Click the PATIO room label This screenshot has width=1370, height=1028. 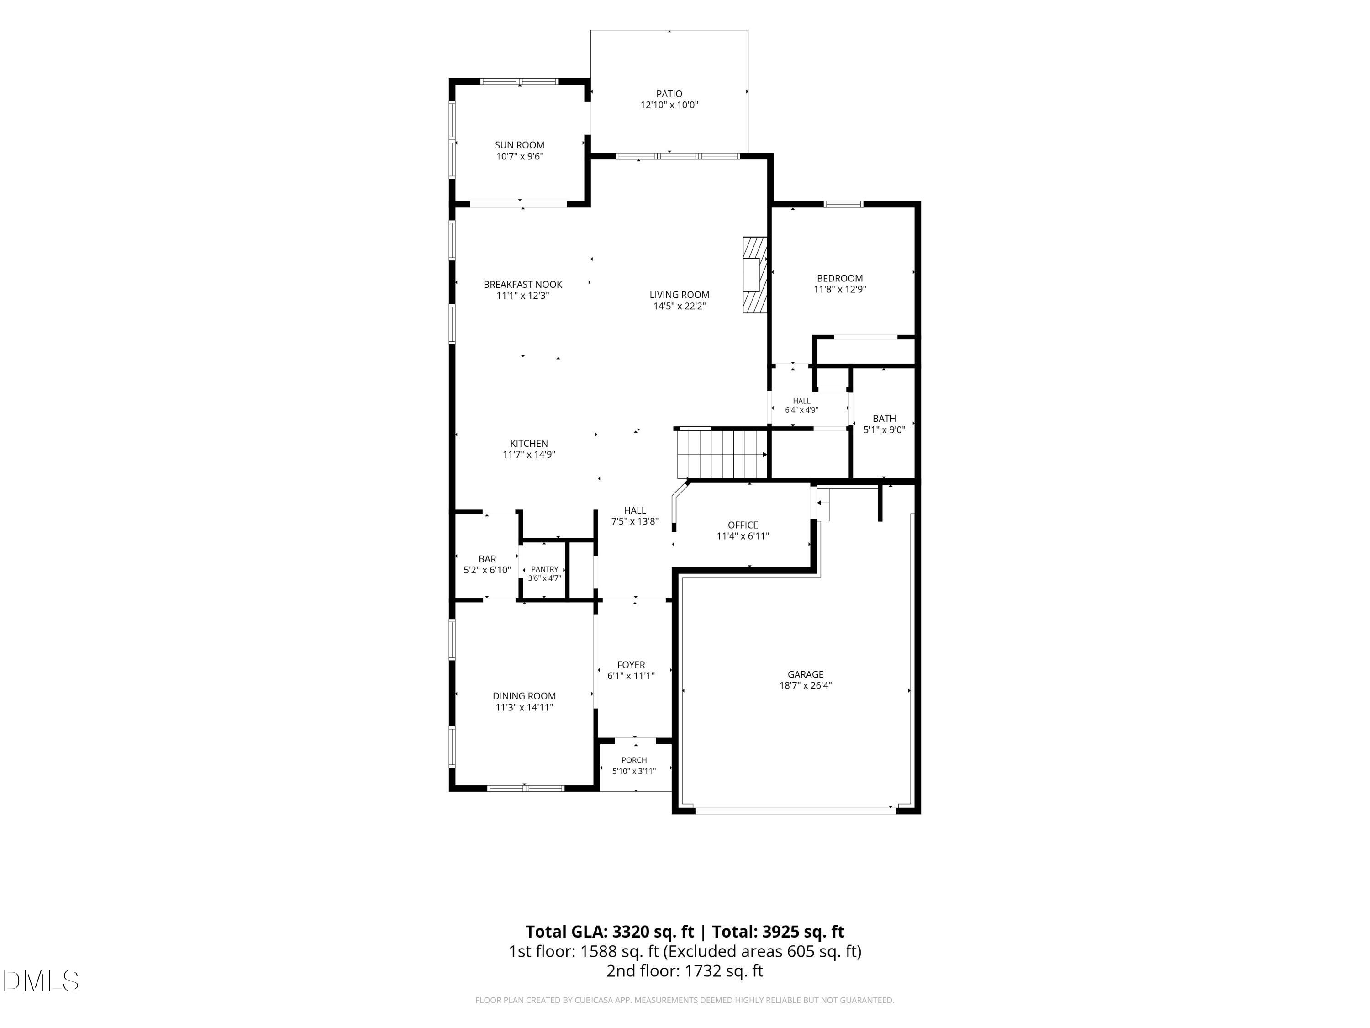click(669, 94)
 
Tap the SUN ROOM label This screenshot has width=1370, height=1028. click(520, 145)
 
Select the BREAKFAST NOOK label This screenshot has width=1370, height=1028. click(523, 285)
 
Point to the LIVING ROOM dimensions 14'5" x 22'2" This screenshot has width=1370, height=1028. click(680, 306)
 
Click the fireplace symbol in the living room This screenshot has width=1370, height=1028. click(755, 275)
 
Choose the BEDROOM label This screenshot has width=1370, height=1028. click(840, 278)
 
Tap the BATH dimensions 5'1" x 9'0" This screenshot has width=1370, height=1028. click(885, 429)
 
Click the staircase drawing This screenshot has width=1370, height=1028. click(722, 454)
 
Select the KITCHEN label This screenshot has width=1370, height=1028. click(529, 443)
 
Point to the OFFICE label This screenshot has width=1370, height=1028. click(743, 525)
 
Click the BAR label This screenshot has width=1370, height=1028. click(487, 559)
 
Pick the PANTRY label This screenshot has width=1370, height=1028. click(544, 569)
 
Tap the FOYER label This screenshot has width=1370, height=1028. click(631, 665)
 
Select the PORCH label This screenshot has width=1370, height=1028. click(634, 760)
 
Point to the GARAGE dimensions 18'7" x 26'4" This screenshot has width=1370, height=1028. click(805, 685)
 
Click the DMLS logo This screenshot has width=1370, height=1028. click(41, 980)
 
